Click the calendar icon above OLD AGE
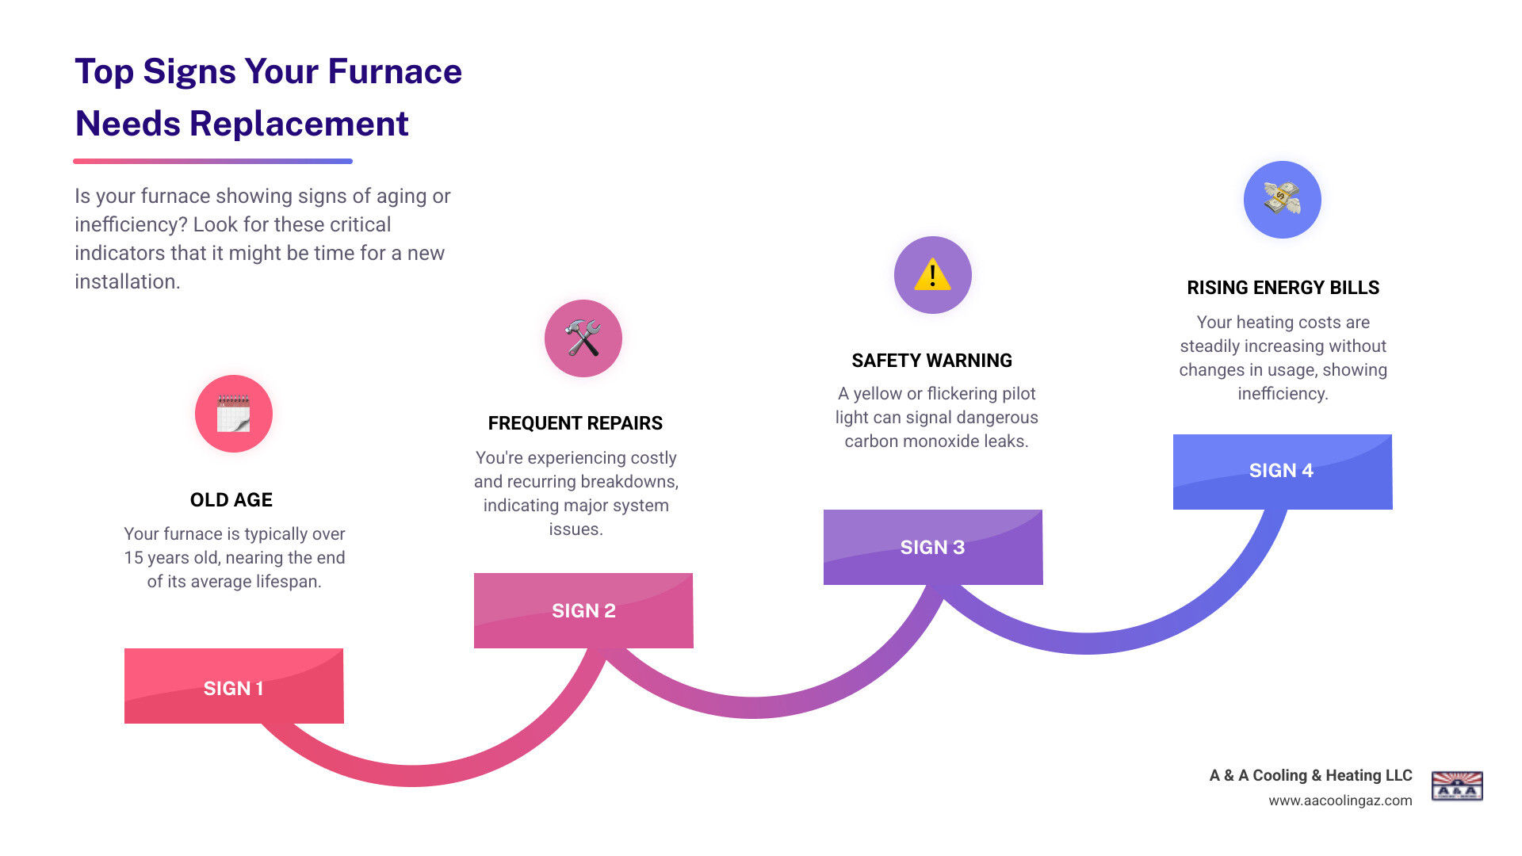click(234, 414)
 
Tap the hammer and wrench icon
click(583, 338)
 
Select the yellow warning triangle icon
click(932, 275)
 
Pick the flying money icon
click(1282, 200)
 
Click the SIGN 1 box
click(234, 686)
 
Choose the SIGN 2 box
click(583, 610)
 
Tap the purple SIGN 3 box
click(933, 547)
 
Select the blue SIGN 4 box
click(1283, 472)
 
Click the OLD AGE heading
click(231, 500)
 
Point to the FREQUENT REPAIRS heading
click(576, 423)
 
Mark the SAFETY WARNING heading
click(932, 361)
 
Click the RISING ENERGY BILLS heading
click(1283, 288)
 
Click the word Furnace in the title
click(395, 71)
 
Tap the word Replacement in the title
click(299, 124)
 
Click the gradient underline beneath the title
click(212, 161)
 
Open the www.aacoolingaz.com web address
click(1340, 801)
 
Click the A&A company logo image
click(1457, 785)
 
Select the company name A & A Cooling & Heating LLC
click(1310, 775)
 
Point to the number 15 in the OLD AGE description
click(133, 558)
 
